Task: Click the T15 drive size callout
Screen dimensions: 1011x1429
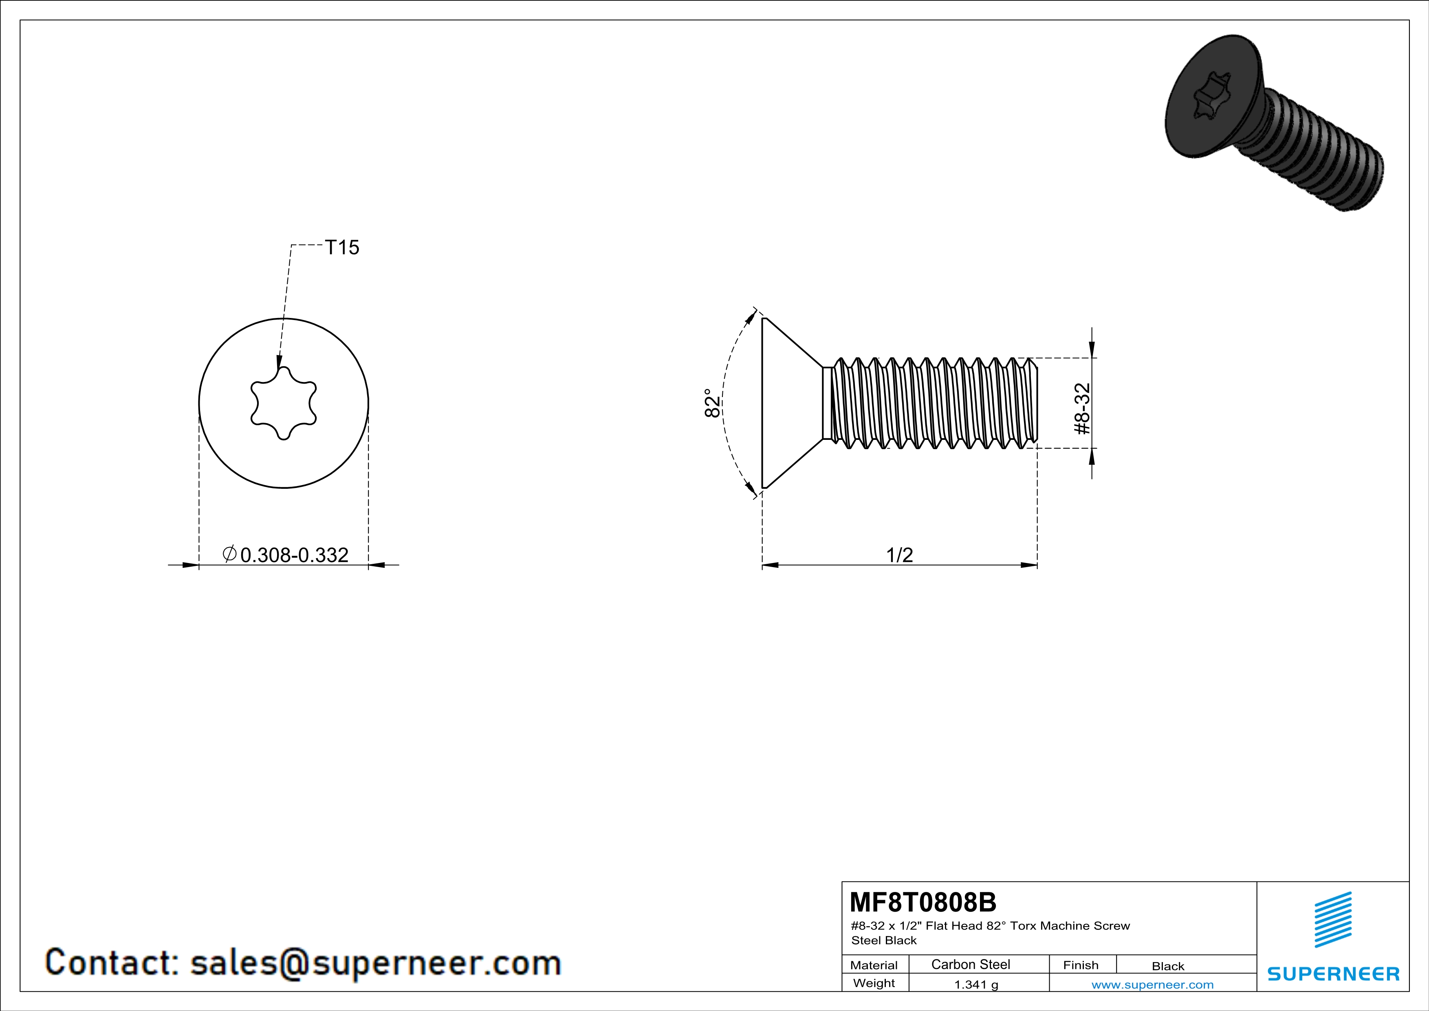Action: (342, 248)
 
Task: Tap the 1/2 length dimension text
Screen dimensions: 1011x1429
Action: (899, 555)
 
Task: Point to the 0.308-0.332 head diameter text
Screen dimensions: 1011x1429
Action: (294, 555)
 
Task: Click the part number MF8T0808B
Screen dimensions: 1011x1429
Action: (923, 901)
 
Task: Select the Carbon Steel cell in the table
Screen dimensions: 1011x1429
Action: (970, 964)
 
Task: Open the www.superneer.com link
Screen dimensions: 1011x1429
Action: (1152, 984)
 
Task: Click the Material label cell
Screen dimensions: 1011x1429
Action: (874, 965)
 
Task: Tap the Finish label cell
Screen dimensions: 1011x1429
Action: (1081, 965)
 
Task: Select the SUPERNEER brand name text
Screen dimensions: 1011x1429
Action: (1333, 973)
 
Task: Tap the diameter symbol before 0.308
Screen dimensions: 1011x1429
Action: (229, 554)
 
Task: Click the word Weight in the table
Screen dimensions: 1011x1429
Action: (874, 983)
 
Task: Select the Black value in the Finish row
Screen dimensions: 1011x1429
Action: (1167, 966)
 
